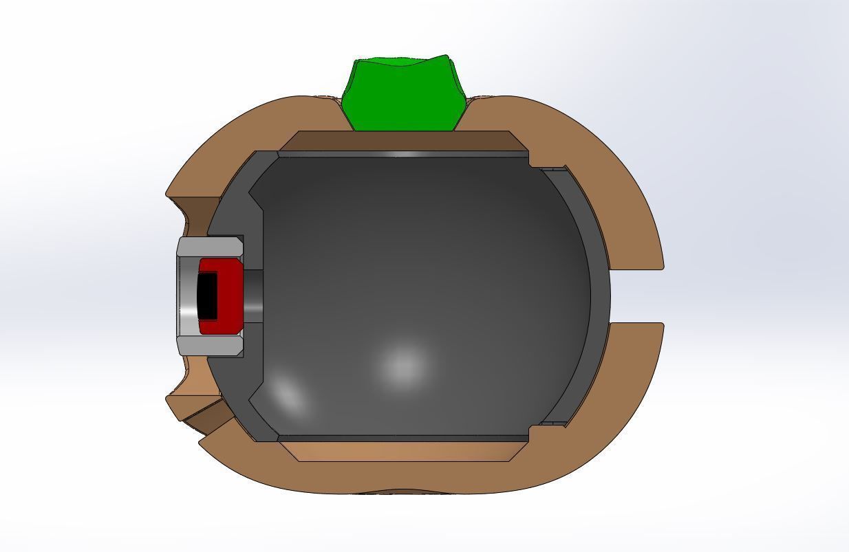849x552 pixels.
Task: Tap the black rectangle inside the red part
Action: click(207, 296)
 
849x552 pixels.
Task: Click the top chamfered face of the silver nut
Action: click(210, 246)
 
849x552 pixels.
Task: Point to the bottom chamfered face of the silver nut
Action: click(210, 345)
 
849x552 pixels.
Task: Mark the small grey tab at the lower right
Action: click(550, 423)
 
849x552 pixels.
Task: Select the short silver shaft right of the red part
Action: click(253, 296)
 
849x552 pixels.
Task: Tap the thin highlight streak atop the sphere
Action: click(406, 155)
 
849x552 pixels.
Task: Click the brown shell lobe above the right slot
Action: click(605, 179)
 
